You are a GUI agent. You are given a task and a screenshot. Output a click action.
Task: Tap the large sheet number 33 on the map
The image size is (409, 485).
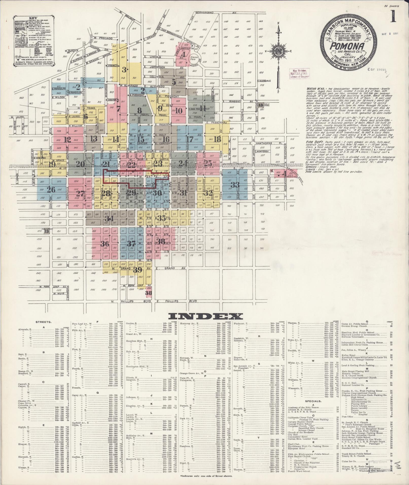[x=235, y=185]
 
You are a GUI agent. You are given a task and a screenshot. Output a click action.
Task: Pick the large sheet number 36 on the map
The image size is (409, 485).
[x=105, y=244]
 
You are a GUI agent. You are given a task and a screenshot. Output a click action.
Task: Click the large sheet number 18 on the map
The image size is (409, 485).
[x=217, y=139]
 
